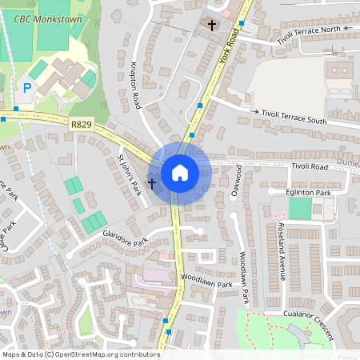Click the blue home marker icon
coord(179,173)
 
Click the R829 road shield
coord(80,124)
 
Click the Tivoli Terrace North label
coord(302,30)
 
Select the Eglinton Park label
coord(308,193)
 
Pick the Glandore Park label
coord(125,238)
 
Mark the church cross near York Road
coord(212,26)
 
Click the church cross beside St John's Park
coord(151,183)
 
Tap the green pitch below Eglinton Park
coord(300,209)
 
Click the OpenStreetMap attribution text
coord(81,354)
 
